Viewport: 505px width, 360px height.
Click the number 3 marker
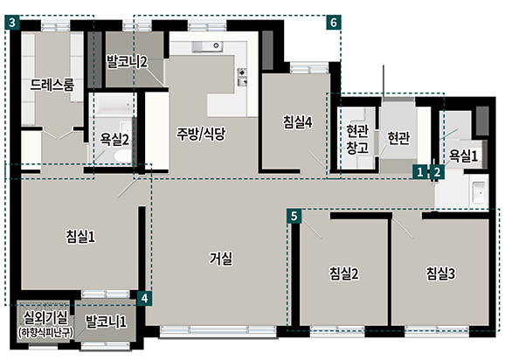click(12, 23)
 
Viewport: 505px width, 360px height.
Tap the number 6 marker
click(334, 23)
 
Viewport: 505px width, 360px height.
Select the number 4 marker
click(145, 299)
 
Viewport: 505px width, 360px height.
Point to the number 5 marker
click(294, 216)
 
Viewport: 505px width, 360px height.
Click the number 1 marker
click(420, 172)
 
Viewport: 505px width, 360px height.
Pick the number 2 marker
click(437, 172)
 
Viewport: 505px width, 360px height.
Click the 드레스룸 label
click(52, 85)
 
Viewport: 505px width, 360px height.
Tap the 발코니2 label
click(128, 61)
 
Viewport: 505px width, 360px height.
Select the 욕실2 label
click(114, 140)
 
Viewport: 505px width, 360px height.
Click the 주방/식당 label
click(201, 134)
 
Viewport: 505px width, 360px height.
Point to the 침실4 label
click(298, 122)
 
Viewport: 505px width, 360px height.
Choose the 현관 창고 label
click(357, 139)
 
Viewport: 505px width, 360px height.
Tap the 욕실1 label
click(463, 156)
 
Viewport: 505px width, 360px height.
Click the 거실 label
click(221, 259)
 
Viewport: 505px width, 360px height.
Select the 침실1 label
click(80, 237)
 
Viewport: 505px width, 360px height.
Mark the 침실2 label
click(343, 273)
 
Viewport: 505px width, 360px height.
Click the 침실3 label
click(440, 273)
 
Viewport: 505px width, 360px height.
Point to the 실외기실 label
click(45, 318)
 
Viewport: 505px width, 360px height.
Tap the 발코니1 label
click(106, 321)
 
